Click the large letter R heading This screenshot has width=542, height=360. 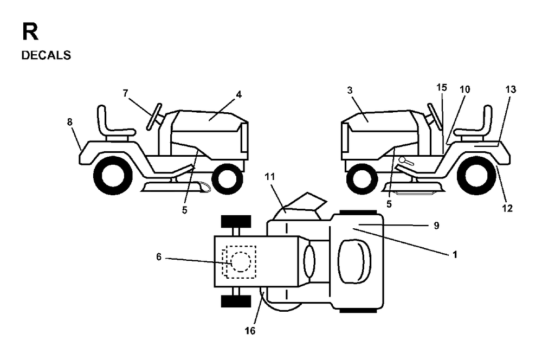coord(30,31)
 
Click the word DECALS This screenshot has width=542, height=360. coord(46,55)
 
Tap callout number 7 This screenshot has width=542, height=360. coord(126,93)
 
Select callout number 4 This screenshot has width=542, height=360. coord(238,95)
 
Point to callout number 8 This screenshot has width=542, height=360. coord(70,122)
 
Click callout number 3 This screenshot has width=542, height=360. coord(350,91)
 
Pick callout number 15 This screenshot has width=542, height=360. coord(441,87)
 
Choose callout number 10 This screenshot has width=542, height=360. coord(465,89)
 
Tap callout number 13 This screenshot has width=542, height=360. coord(511,89)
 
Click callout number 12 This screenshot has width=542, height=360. coord(507,208)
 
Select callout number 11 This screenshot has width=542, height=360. coord(269,177)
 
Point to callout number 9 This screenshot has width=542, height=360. coord(436,226)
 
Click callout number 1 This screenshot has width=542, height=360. coord(455,254)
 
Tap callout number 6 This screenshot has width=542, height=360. coord(159,257)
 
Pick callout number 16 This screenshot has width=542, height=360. coord(250,331)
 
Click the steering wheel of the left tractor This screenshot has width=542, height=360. coord(154,117)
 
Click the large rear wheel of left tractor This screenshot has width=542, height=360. coord(113,175)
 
